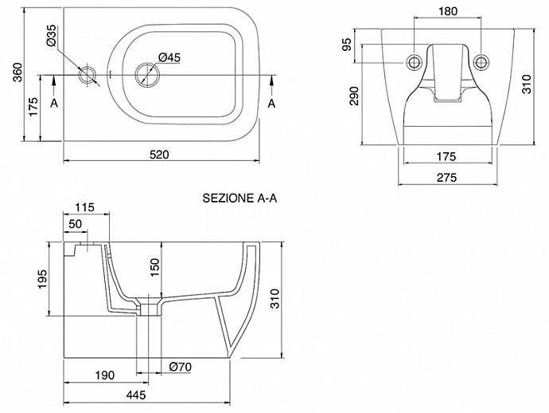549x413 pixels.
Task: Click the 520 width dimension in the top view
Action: pyautogui.click(x=160, y=156)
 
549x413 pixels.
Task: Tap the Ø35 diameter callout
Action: pyautogui.click(x=50, y=37)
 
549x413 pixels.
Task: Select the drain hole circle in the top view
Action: pyautogui.click(x=146, y=74)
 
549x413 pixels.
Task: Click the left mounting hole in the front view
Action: pyautogui.click(x=414, y=63)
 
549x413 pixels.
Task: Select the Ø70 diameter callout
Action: pyautogui.click(x=181, y=367)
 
